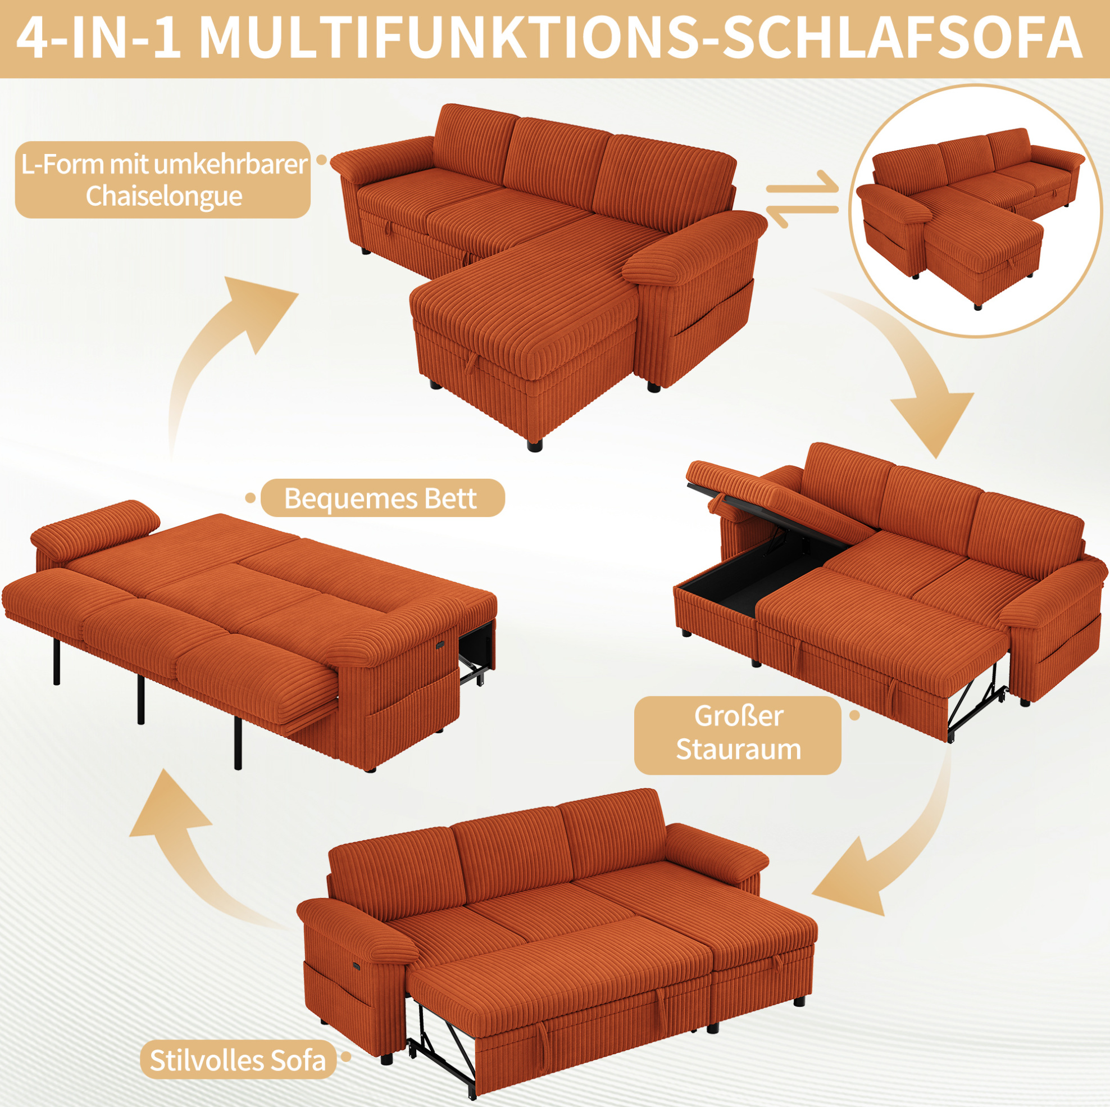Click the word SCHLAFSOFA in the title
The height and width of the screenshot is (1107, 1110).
[x=902, y=39]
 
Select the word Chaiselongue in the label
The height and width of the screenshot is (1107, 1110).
[x=163, y=196]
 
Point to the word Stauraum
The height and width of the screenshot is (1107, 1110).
[x=738, y=750]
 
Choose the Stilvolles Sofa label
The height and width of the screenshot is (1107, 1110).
[x=238, y=1060]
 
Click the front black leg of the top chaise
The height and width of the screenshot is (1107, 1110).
[x=534, y=445]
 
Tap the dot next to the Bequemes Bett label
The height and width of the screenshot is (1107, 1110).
[x=250, y=498]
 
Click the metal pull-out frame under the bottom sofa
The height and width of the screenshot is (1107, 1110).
[x=443, y=1035]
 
